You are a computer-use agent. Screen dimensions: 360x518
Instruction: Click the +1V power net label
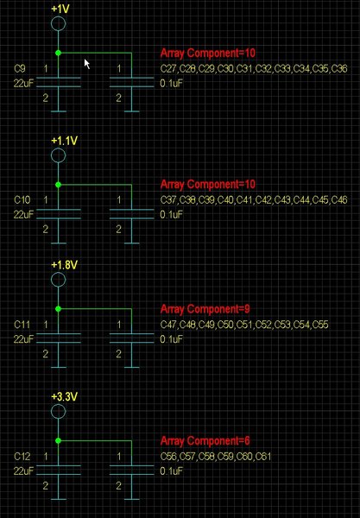coord(60,9)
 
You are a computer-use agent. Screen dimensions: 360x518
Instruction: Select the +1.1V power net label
coord(65,141)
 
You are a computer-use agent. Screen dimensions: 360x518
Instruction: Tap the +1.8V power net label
coord(65,265)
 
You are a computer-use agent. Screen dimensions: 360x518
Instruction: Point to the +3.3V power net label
coord(65,397)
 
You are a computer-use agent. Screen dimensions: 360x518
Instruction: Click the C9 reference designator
coord(20,68)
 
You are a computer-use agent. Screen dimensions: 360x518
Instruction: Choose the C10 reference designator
coord(22,200)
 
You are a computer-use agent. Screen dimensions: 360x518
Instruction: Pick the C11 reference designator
coord(22,325)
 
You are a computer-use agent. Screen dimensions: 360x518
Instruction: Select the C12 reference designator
coord(22,456)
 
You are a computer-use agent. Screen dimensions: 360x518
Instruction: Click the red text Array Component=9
coord(205,309)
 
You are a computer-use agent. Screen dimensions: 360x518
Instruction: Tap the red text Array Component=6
coord(205,440)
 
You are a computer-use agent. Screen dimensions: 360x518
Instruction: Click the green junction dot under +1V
coord(59,53)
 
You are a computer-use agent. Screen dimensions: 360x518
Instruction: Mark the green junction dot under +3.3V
coord(59,440)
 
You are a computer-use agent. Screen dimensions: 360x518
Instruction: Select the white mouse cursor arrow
coord(87,64)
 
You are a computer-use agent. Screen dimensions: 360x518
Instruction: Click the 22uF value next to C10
coord(23,215)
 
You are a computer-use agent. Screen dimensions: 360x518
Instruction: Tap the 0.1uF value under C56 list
coord(172,471)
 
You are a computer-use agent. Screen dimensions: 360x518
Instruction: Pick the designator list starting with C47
coord(244,325)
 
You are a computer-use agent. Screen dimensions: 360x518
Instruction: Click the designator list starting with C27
coord(254,69)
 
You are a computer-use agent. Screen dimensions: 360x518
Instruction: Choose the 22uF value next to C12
coord(23,471)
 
